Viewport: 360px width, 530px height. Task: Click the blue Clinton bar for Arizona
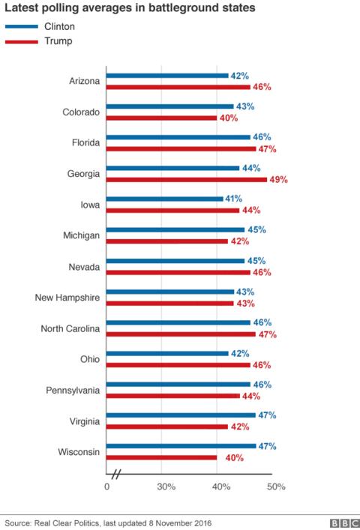(166, 76)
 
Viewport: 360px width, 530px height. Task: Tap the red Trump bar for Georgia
(186, 179)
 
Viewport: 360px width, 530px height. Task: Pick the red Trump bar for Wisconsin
(161, 457)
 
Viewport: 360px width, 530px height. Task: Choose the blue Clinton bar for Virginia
(180, 415)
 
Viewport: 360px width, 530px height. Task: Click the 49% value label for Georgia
(278, 180)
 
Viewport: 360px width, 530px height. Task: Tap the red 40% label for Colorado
(228, 118)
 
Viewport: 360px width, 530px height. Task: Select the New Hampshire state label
(67, 298)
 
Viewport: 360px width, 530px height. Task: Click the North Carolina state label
(68, 328)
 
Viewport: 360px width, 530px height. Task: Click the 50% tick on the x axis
(276, 487)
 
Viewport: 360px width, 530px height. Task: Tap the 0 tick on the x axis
(106, 487)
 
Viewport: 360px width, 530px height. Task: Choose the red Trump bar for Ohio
(178, 364)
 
